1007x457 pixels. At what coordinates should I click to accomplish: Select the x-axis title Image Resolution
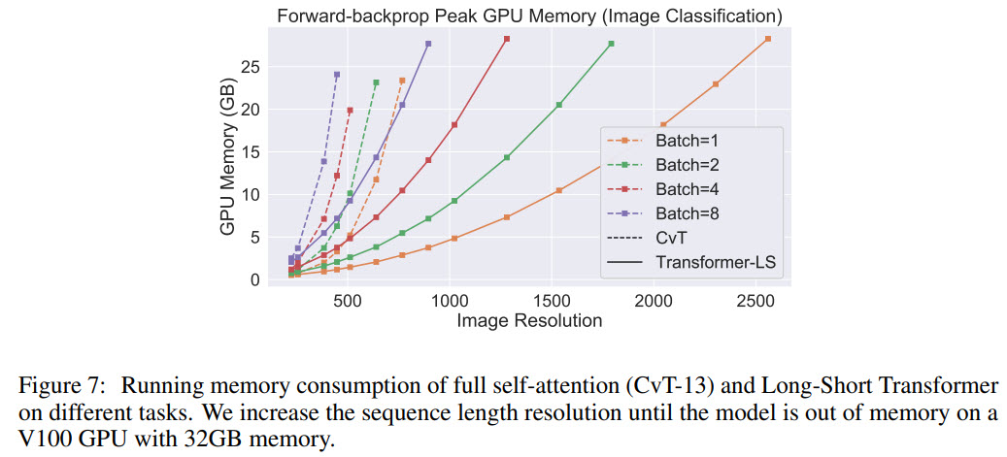click(529, 321)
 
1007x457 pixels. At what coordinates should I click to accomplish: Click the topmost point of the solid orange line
click(768, 39)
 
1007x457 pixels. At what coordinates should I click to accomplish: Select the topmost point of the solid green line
click(611, 44)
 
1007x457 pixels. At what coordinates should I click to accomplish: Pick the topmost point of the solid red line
click(506, 39)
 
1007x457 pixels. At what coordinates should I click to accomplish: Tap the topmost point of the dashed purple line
click(337, 75)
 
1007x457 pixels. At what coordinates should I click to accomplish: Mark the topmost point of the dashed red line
click(350, 111)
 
